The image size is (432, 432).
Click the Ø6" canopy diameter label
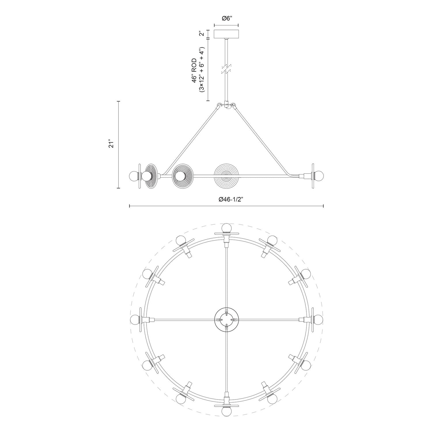tap(226, 18)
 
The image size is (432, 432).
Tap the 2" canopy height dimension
tap(202, 33)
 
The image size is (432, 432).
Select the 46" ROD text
tap(195, 71)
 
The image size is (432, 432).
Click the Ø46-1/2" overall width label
tap(227, 200)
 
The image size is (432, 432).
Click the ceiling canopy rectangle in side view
tap(226, 34)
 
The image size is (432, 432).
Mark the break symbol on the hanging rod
tap(226, 69)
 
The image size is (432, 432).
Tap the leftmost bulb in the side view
tap(134, 175)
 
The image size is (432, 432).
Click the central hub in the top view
tap(226, 319)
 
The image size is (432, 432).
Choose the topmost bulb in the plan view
tap(226, 228)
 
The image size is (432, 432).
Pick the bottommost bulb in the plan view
tap(226, 411)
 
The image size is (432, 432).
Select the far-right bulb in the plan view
tap(318, 319)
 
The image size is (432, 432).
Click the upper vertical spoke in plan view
tap(227, 276)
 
